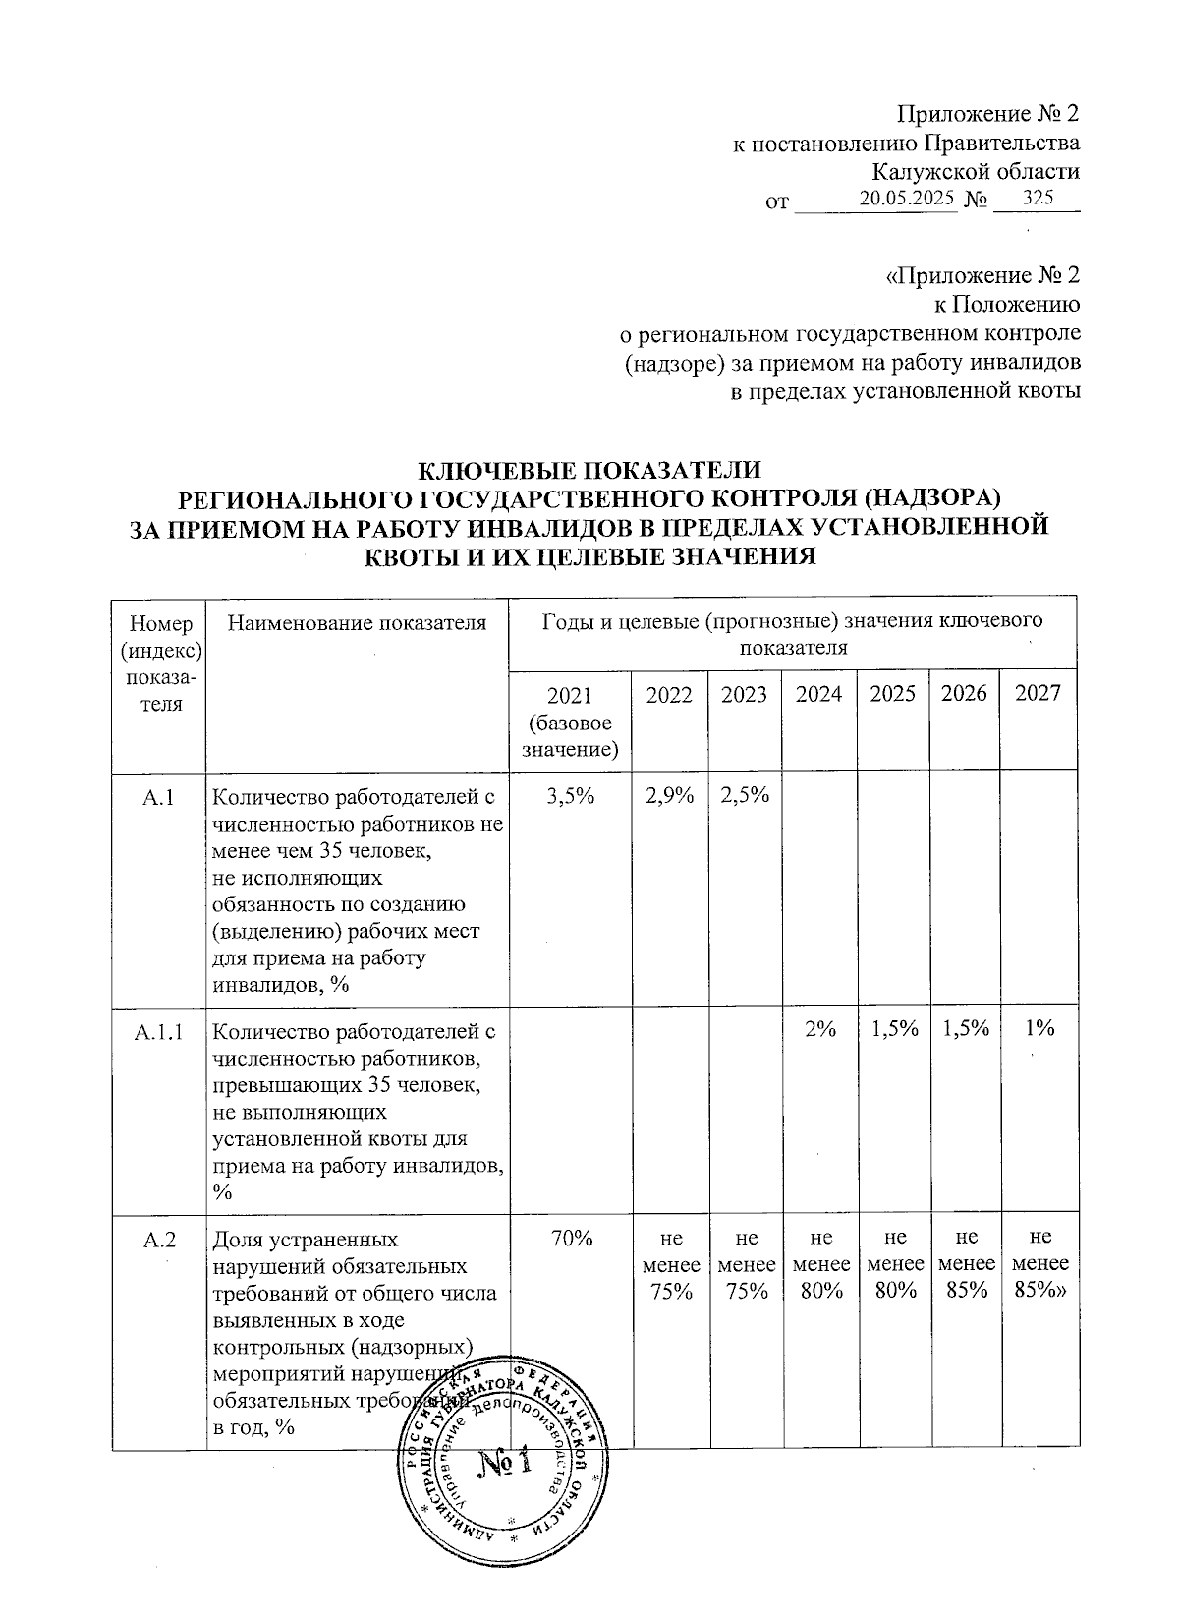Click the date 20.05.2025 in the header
[906, 199]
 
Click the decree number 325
[1038, 199]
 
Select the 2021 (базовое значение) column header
[569, 723]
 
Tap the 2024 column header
[818, 694]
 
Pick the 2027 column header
[1038, 694]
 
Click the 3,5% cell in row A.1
[569, 797]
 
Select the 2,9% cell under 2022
[669, 797]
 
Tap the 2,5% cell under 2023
[744, 797]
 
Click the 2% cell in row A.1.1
[818, 1029]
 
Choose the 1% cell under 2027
[1038, 1029]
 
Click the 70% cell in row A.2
[569, 1241]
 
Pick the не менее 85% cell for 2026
[966, 1265]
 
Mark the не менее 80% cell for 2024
[818, 1265]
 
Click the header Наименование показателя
[357, 622]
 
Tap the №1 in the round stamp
[504, 1464]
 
